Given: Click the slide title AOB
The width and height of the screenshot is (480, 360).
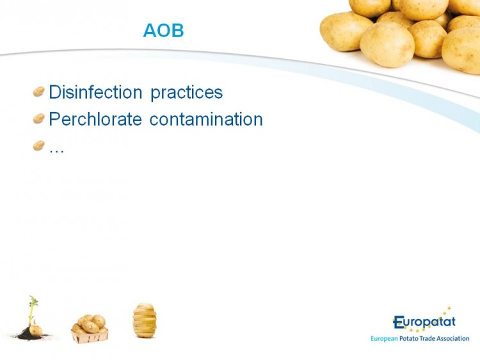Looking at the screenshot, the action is (x=163, y=31).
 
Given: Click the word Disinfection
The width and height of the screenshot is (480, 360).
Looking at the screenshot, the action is (x=95, y=92).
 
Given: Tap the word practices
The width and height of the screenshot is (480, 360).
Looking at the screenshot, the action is (x=187, y=93).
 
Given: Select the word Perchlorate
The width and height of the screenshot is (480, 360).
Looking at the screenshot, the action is (x=95, y=119).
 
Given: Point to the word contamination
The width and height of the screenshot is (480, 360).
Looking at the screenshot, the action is (x=206, y=119).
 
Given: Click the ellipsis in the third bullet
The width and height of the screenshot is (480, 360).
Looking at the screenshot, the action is (x=56, y=151).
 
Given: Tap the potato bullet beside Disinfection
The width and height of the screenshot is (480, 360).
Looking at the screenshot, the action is (x=39, y=92).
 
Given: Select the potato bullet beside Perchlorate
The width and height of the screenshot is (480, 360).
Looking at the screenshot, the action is (x=39, y=119).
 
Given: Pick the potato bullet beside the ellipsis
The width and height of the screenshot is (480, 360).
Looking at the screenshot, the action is (x=39, y=145).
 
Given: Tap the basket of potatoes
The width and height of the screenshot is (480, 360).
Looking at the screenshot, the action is (x=90, y=329).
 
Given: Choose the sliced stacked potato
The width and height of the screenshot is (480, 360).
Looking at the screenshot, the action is (x=145, y=320).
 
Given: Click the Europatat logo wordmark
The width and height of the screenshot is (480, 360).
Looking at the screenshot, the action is (x=424, y=322).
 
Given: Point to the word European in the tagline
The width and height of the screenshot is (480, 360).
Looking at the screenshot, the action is (x=384, y=339).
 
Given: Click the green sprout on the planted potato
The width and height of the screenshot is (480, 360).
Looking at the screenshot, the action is (x=33, y=309).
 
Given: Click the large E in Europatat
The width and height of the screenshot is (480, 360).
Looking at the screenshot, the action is (x=399, y=322).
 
